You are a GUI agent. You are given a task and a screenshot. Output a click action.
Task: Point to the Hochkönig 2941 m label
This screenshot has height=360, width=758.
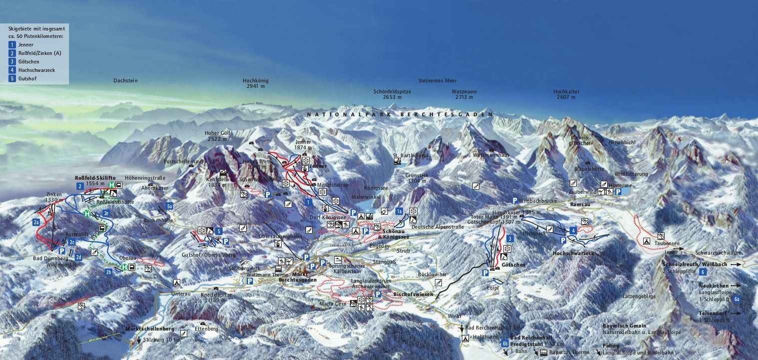click(256, 83)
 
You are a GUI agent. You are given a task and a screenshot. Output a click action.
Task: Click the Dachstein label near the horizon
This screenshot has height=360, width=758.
click(125, 80)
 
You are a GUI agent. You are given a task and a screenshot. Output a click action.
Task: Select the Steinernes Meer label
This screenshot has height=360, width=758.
click(437, 80)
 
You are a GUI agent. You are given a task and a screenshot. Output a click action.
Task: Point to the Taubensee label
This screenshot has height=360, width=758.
click(668, 244)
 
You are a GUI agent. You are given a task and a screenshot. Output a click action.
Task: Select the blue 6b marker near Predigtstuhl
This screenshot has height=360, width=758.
click(505, 344)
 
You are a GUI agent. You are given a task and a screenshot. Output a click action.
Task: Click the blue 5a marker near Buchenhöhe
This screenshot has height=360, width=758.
click(170, 206)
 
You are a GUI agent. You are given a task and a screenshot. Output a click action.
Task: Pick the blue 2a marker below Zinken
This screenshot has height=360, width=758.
click(36, 222)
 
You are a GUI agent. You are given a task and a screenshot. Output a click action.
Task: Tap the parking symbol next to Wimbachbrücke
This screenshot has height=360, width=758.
click(514, 200)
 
